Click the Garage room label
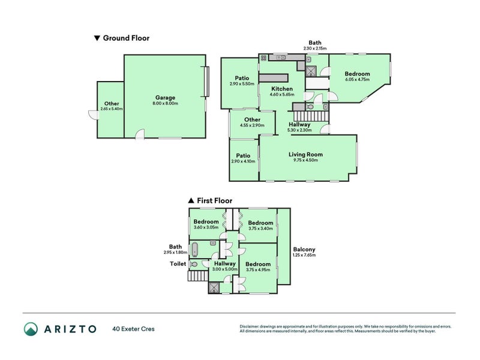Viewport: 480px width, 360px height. [165, 98]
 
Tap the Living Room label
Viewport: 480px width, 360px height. [305, 155]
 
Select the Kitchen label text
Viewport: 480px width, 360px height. [282, 89]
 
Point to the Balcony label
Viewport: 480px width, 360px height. [304, 250]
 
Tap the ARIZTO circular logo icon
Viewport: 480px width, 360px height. [31, 329]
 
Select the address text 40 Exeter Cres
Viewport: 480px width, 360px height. [133, 329]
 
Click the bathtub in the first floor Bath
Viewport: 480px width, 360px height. [194, 250]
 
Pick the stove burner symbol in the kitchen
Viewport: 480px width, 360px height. [263, 58]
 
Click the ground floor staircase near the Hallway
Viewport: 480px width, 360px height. [311, 116]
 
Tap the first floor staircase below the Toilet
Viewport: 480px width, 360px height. [198, 276]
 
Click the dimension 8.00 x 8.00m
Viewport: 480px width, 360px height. [166, 103]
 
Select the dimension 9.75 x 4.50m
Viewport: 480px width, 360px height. [305, 160]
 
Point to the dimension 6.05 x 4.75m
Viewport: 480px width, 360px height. [357, 79]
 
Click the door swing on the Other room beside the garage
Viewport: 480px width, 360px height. [94, 115]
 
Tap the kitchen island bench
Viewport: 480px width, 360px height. [274, 78]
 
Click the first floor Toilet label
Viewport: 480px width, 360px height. [178, 264]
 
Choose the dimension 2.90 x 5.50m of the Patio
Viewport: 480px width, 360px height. [242, 84]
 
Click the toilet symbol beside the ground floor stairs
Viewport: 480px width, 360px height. [310, 107]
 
